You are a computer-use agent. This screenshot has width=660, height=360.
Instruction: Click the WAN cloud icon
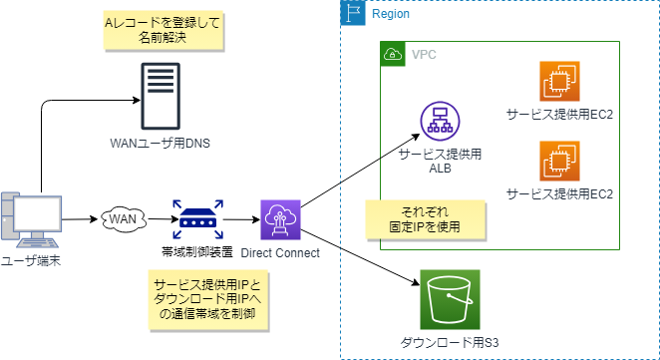(x=123, y=217)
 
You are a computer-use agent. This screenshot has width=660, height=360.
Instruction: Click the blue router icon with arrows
(x=196, y=218)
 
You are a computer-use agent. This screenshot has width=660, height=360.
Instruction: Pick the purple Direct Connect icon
(x=279, y=219)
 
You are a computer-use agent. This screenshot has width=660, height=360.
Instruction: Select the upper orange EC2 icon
(x=559, y=81)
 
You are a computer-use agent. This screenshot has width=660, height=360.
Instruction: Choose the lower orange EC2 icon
(x=559, y=160)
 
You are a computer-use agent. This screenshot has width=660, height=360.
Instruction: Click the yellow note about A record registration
(x=162, y=31)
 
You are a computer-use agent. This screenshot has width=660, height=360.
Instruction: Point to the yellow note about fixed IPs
(x=425, y=219)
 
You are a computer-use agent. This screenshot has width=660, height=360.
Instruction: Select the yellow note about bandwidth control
(x=206, y=299)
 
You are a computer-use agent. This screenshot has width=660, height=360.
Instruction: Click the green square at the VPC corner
(x=393, y=54)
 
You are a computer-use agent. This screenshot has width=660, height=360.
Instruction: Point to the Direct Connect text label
(x=280, y=253)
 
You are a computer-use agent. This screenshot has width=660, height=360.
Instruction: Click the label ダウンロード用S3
(x=449, y=343)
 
